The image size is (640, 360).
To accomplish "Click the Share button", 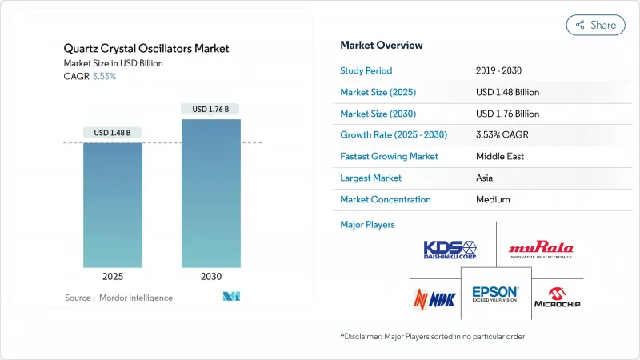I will coord(595,25).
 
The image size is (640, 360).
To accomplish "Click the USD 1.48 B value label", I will coord(113,132).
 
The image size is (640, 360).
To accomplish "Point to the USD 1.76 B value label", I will coord(210,109).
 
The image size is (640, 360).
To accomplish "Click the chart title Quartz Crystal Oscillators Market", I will coord(147,49).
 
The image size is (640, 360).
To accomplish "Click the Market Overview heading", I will coord(382,46).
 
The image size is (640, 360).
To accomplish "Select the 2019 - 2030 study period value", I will coord(501,70).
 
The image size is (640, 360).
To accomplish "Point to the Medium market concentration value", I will coord(493,199).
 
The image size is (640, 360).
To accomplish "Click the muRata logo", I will coord(541,249).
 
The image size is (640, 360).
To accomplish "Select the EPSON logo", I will coord(496,294).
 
